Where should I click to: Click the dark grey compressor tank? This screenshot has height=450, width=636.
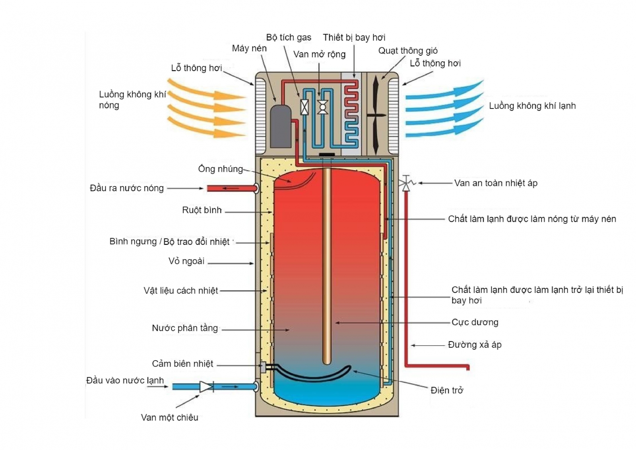point(281,126)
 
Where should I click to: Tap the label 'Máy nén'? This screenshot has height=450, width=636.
point(249,48)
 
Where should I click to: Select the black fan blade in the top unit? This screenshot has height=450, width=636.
point(376,115)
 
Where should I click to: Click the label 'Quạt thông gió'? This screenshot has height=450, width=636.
point(408,51)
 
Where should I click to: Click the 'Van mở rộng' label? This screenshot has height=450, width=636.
point(319,54)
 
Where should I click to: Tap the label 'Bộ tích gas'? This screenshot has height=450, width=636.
point(289,38)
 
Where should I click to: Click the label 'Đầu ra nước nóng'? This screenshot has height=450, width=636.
point(127,188)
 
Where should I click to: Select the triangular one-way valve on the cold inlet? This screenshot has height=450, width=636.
point(206,386)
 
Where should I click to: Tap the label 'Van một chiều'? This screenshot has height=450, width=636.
point(169,417)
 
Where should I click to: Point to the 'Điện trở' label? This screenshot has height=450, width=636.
point(447,390)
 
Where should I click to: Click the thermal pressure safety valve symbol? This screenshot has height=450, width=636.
point(406,183)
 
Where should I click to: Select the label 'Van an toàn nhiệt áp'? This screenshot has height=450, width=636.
point(496,183)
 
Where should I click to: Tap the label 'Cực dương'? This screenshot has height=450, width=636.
point(475,322)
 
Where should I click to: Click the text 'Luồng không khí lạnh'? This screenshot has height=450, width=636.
point(532,106)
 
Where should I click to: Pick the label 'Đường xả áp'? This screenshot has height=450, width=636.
point(475,345)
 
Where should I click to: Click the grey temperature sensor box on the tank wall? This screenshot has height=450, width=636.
point(263,367)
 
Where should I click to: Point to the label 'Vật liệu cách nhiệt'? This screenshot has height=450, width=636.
point(181,291)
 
